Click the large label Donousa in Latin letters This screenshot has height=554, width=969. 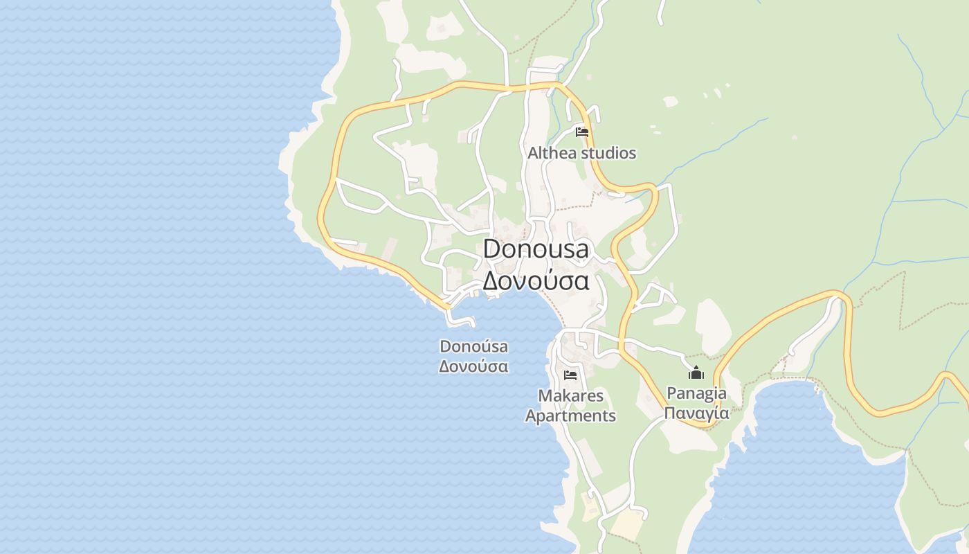[x=536, y=249]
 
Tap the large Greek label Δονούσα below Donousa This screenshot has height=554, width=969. [x=536, y=280]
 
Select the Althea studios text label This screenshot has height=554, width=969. [x=581, y=153]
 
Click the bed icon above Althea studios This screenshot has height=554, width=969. [x=582, y=132]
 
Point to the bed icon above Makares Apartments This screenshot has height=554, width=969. [x=570, y=375]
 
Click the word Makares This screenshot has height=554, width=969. [x=570, y=396]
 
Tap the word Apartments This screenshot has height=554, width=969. [x=570, y=415]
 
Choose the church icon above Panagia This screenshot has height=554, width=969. [x=696, y=373]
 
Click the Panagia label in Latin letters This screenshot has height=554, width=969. [x=696, y=393]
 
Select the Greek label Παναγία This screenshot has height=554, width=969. [x=696, y=413]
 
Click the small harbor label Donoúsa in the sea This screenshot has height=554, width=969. [x=473, y=346]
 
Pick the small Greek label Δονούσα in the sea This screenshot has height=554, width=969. [x=473, y=366]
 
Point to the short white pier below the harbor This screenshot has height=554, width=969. [x=460, y=319]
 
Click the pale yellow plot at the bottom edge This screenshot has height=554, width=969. [x=627, y=524]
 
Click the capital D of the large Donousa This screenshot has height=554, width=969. [x=491, y=249]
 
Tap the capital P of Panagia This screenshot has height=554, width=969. [x=671, y=393]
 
